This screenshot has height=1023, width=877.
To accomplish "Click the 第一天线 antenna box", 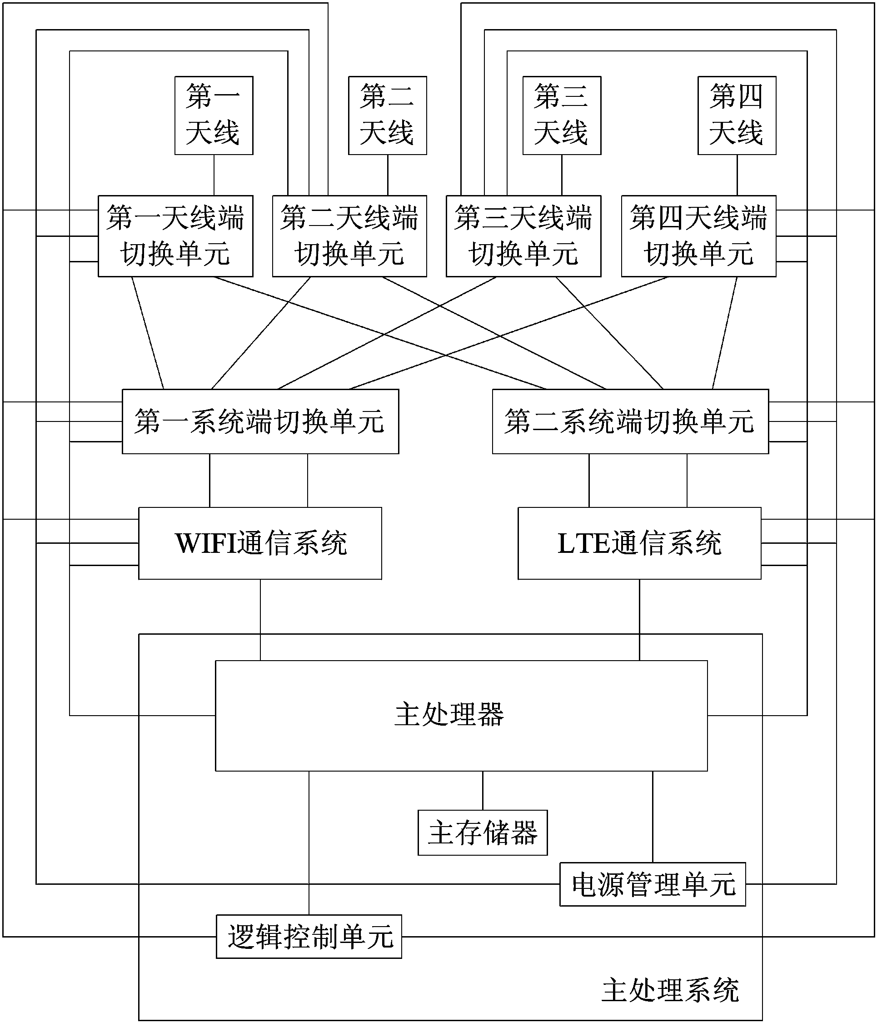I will [x=214, y=115].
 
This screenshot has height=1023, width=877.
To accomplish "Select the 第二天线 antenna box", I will [x=388, y=115].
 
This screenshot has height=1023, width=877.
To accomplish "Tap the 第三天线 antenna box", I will [x=562, y=115].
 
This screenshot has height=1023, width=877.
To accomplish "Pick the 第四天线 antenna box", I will [x=736, y=115].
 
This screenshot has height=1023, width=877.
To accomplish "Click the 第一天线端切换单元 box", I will [x=175, y=236].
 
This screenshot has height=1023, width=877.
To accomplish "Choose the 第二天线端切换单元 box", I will [x=349, y=236].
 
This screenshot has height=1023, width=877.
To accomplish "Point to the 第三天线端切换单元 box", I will [x=523, y=236].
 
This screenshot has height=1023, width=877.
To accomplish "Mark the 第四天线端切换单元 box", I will [x=698, y=236].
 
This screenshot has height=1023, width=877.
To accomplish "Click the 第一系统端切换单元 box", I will [x=260, y=421].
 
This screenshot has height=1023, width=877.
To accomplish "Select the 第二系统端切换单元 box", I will [x=630, y=421].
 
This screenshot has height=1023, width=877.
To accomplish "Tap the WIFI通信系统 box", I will [x=260, y=543].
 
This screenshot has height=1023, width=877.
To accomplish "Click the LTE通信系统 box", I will [x=639, y=543].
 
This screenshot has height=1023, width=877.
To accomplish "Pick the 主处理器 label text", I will [x=448, y=714].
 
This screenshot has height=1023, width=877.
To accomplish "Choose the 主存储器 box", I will [x=482, y=832].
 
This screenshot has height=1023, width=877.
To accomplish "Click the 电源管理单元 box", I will [x=653, y=884].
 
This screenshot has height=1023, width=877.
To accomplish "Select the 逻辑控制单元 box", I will [x=309, y=937].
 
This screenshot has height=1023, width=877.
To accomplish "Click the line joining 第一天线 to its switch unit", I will [x=214, y=175].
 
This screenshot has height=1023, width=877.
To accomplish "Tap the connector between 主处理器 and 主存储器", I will [x=483, y=790].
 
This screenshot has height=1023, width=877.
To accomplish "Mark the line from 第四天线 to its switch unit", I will [x=737, y=175].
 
